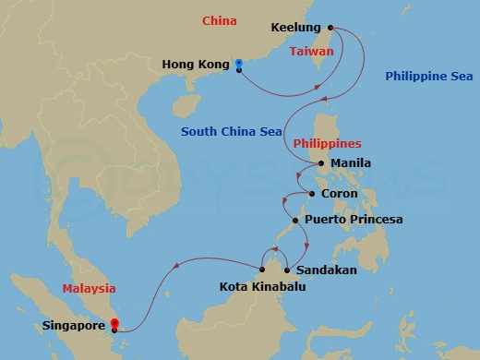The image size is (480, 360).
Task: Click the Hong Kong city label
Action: coord(195,65)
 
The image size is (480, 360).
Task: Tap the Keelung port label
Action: coord(296,29)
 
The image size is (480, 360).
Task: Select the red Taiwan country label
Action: coord(311,52)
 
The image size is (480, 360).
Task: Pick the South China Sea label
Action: coord(231,132)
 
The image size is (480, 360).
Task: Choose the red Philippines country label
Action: coord(327,144)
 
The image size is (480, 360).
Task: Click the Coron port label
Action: coord(339,194)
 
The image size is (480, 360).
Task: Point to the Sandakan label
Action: coord(326,270)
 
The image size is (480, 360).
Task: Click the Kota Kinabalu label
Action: coord(263,287)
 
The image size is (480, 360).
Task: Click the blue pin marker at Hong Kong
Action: coord(239,64)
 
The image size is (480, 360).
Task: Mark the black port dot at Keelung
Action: coord(331,29)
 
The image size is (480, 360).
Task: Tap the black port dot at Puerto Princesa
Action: coord(294,221)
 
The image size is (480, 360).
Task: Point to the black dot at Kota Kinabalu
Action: coord(263,270)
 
